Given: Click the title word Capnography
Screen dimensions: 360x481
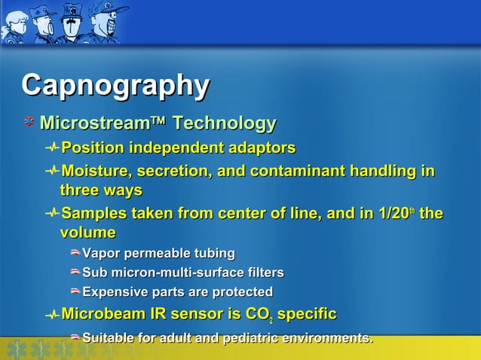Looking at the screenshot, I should pyautogui.click(x=115, y=86).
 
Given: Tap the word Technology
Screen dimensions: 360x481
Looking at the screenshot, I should pyautogui.click(x=224, y=123).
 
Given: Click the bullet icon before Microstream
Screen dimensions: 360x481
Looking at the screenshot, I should pyautogui.click(x=29, y=123).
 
